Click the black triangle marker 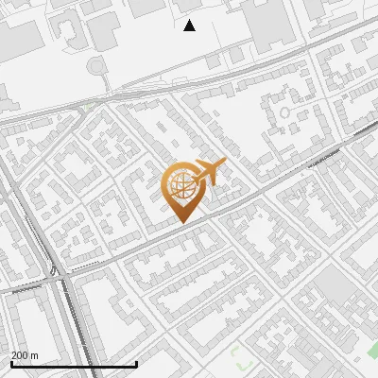click(189, 26)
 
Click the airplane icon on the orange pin click(207, 173)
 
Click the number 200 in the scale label click(19, 355)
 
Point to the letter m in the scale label click(35, 355)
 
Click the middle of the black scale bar click(74, 364)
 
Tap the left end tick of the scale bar click(10, 363)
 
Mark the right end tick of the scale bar click(137, 363)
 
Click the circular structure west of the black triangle click(96, 66)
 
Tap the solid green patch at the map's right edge click(373, 351)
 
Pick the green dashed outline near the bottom click(240, 357)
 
